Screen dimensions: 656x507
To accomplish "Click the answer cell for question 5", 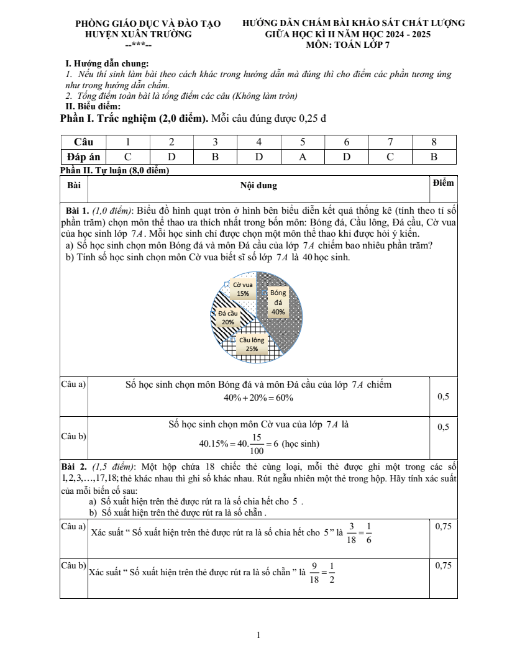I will tap(303, 157).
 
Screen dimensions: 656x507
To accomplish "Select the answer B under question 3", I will tap(215, 157).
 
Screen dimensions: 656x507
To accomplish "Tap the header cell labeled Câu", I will tap(83, 142).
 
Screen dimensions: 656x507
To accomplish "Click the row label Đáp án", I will tap(83, 157).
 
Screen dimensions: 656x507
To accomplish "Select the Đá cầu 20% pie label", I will tap(228, 318).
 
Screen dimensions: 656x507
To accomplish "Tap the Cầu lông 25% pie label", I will tap(252, 344).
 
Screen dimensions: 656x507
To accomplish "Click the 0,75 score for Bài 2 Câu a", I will tap(443, 526).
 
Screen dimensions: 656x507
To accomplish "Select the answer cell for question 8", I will tap(434, 157).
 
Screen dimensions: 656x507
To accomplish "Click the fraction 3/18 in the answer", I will tap(352, 533).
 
